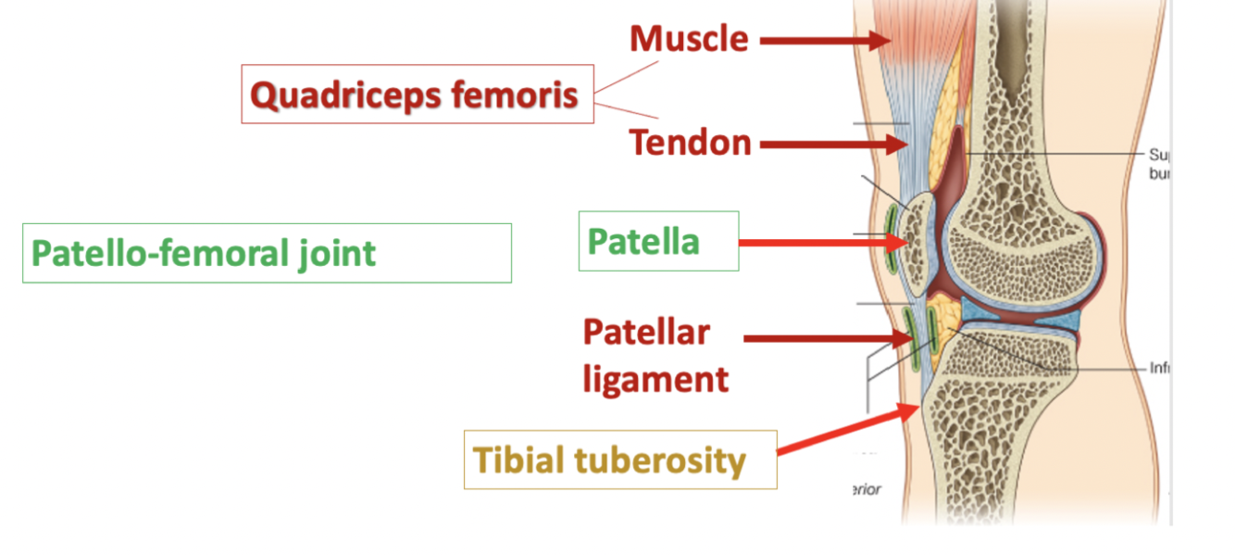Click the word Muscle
coord(689,39)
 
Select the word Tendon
coord(690,143)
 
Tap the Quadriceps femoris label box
coord(417,95)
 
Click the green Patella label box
coord(658,241)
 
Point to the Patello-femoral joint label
coord(267,252)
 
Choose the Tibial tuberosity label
coord(619,460)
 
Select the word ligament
coord(655,378)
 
